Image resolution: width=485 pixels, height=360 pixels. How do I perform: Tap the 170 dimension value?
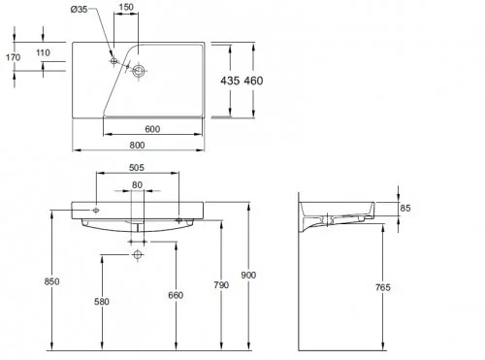click(13, 57)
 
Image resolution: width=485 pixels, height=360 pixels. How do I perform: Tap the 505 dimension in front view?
click(139, 166)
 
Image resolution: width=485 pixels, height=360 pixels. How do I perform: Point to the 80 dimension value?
click(138, 184)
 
